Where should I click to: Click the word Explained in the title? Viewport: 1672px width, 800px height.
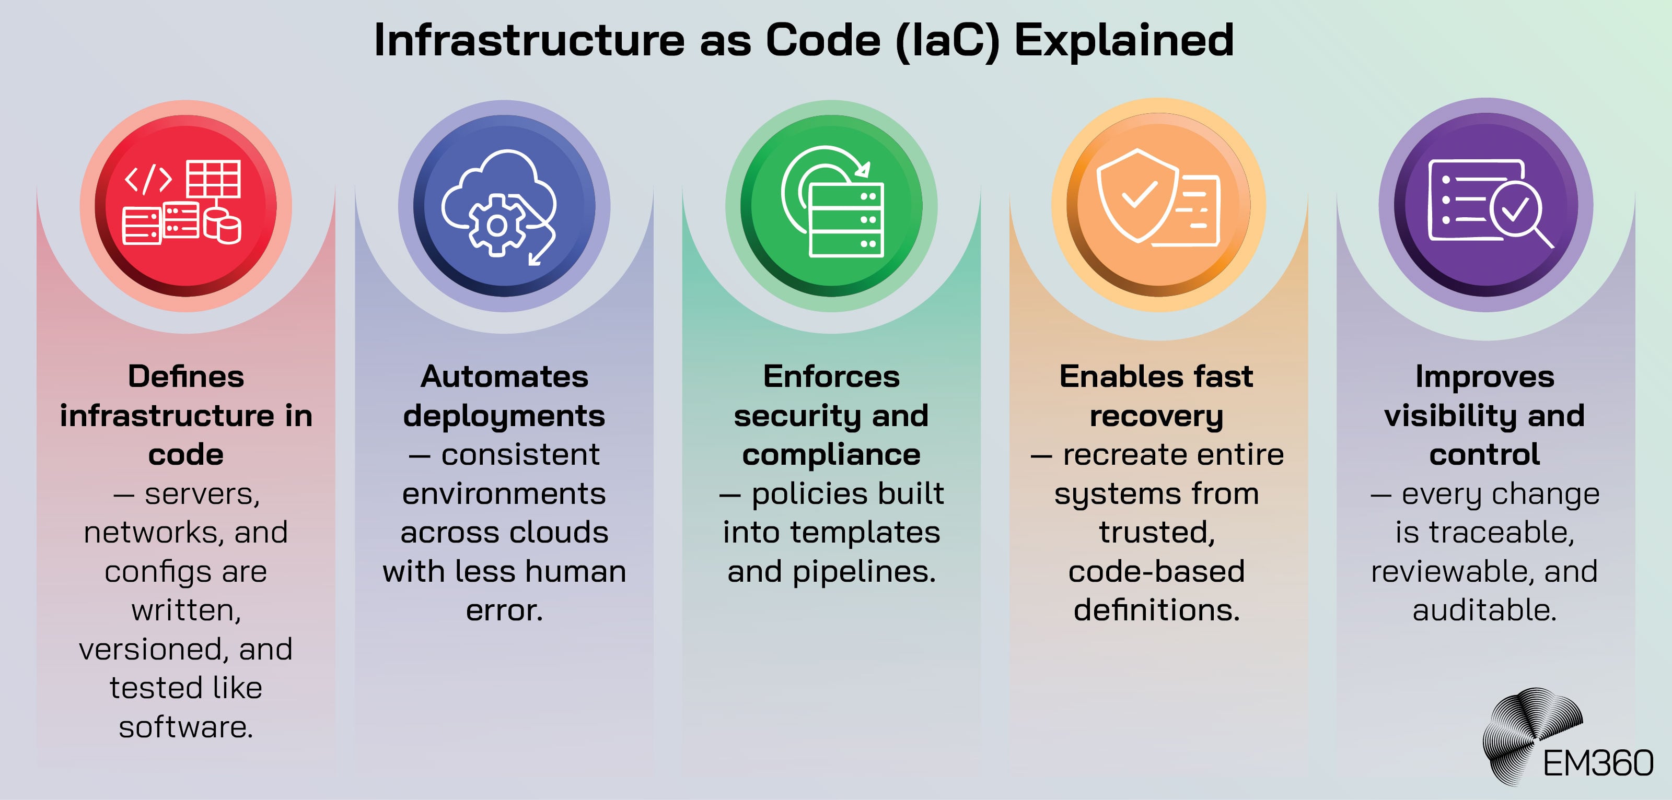pos(1123,40)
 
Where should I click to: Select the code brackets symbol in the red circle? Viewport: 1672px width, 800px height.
pos(148,179)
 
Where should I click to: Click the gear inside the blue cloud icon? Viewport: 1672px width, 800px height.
pos(497,226)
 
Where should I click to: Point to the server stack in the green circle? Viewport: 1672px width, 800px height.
pos(846,220)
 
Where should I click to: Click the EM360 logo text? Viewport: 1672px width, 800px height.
pos(1597,763)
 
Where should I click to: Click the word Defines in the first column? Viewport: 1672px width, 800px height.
pos(185,377)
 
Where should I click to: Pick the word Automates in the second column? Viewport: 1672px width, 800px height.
pos(504,377)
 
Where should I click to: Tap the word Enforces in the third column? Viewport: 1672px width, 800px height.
pos(831,377)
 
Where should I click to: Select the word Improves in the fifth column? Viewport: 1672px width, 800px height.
pos(1484,377)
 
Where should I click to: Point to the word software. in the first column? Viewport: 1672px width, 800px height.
pos(185,727)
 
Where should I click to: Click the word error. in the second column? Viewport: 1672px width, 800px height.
pos(504,610)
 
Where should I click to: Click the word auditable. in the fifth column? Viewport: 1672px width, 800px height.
pos(1484,610)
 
